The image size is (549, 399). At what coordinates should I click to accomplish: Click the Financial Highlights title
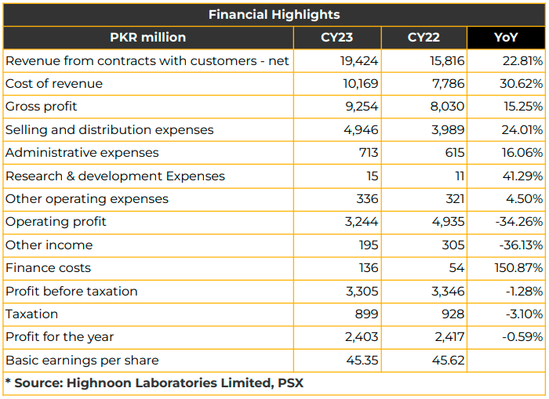click(274, 15)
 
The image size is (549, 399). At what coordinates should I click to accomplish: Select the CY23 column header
click(336, 38)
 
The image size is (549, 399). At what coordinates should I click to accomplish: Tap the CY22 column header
click(424, 38)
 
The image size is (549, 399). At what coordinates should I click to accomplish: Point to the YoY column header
click(506, 38)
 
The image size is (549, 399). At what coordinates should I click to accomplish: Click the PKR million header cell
click(147, 38)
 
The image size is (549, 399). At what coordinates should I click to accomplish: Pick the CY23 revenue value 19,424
click(359, 61)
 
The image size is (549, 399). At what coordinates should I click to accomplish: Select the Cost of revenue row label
click(54, 84)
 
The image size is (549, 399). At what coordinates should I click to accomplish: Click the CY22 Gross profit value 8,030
click(447, 107)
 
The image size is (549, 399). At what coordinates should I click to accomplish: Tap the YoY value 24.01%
click(522, 130)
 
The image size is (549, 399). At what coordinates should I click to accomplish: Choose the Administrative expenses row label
click(82, 153)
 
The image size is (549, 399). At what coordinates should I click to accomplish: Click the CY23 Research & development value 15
click(373, 176)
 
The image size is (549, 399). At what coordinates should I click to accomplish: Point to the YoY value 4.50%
click(524, 199)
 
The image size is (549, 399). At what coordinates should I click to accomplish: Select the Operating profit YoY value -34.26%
click(519, 222)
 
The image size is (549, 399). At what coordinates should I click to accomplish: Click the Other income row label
click(49, 245)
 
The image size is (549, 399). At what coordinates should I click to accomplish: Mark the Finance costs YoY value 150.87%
click(518, 268)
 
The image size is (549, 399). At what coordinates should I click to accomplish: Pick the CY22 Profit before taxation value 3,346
click(448, 291)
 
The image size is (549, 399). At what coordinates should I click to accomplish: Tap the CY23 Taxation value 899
click(366, 314)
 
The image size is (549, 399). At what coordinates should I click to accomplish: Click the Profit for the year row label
click(60, 337)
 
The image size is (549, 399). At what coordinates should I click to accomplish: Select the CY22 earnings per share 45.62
click(448, 360)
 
